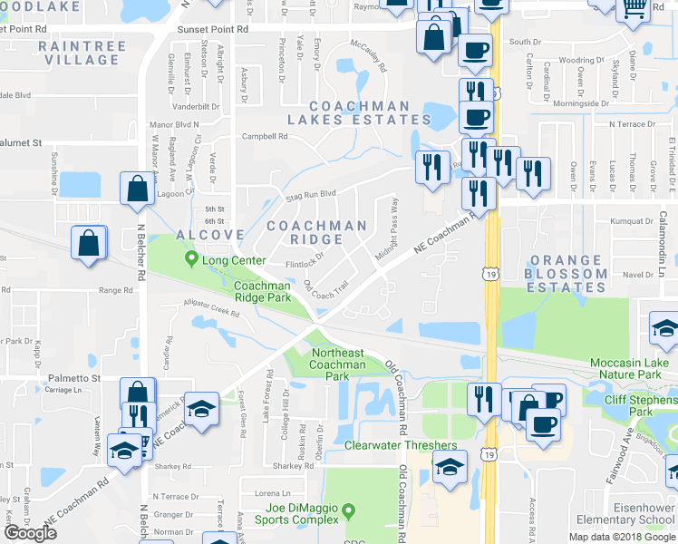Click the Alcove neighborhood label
209,235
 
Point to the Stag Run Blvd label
311,193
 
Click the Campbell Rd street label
264,137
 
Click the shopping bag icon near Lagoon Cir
136,189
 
